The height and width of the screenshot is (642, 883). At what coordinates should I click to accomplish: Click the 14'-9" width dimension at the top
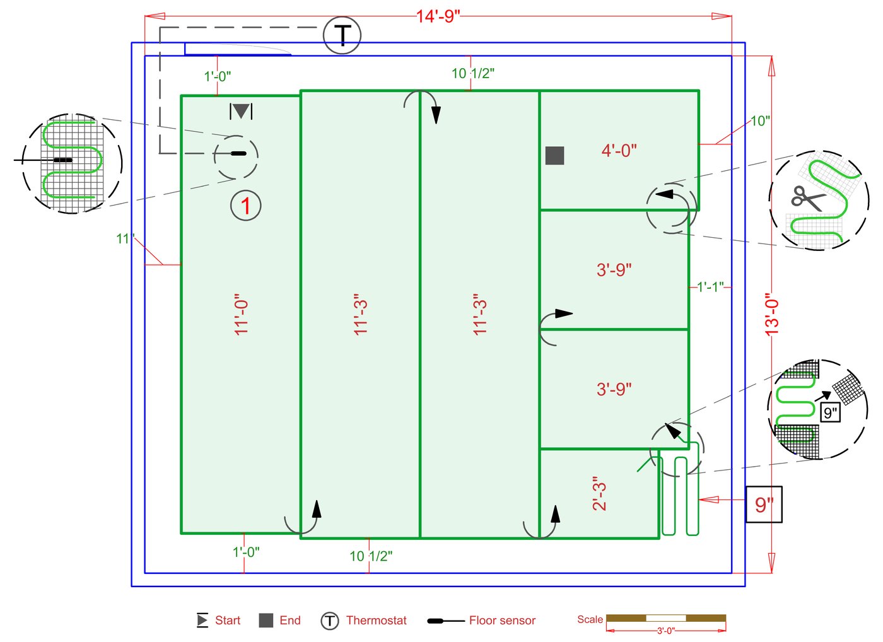(x=438, y=16)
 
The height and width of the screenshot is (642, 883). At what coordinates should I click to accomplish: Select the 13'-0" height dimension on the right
(x=772, y=315)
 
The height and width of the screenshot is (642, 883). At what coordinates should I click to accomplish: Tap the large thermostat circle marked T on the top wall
(x=342, y=35)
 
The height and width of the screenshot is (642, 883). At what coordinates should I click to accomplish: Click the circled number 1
(x=245, y=206)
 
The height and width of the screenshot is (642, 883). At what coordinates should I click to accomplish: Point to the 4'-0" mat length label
(x=619, y=151)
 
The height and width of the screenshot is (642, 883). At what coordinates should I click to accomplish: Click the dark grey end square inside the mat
(x=554, y=155)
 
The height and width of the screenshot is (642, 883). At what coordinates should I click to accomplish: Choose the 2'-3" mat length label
(x=599, y=493)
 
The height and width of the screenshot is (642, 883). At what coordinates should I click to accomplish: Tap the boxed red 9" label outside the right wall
(x=764, y=505)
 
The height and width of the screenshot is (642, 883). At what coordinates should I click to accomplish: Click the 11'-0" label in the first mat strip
(x=241, y=315)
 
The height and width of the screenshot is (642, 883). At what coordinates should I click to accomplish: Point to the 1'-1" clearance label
(x=710, y=286)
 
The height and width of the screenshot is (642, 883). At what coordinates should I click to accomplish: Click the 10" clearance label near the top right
(x=759, y=121)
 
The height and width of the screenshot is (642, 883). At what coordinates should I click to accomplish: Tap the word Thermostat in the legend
(x=376, y=621)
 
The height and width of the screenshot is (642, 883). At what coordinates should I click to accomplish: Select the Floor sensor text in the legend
(x=502, y=621)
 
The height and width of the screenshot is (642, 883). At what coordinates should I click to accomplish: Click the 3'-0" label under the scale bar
(x=666, y=631)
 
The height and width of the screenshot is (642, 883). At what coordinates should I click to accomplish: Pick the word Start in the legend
(x=228, y=621)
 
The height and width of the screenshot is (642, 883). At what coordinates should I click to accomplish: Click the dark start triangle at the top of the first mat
(x=241, y=111)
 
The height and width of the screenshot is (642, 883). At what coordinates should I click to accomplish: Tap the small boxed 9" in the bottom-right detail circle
(x=830, y=412)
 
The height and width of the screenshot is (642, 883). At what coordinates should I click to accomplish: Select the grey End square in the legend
(x=266, y=621)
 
